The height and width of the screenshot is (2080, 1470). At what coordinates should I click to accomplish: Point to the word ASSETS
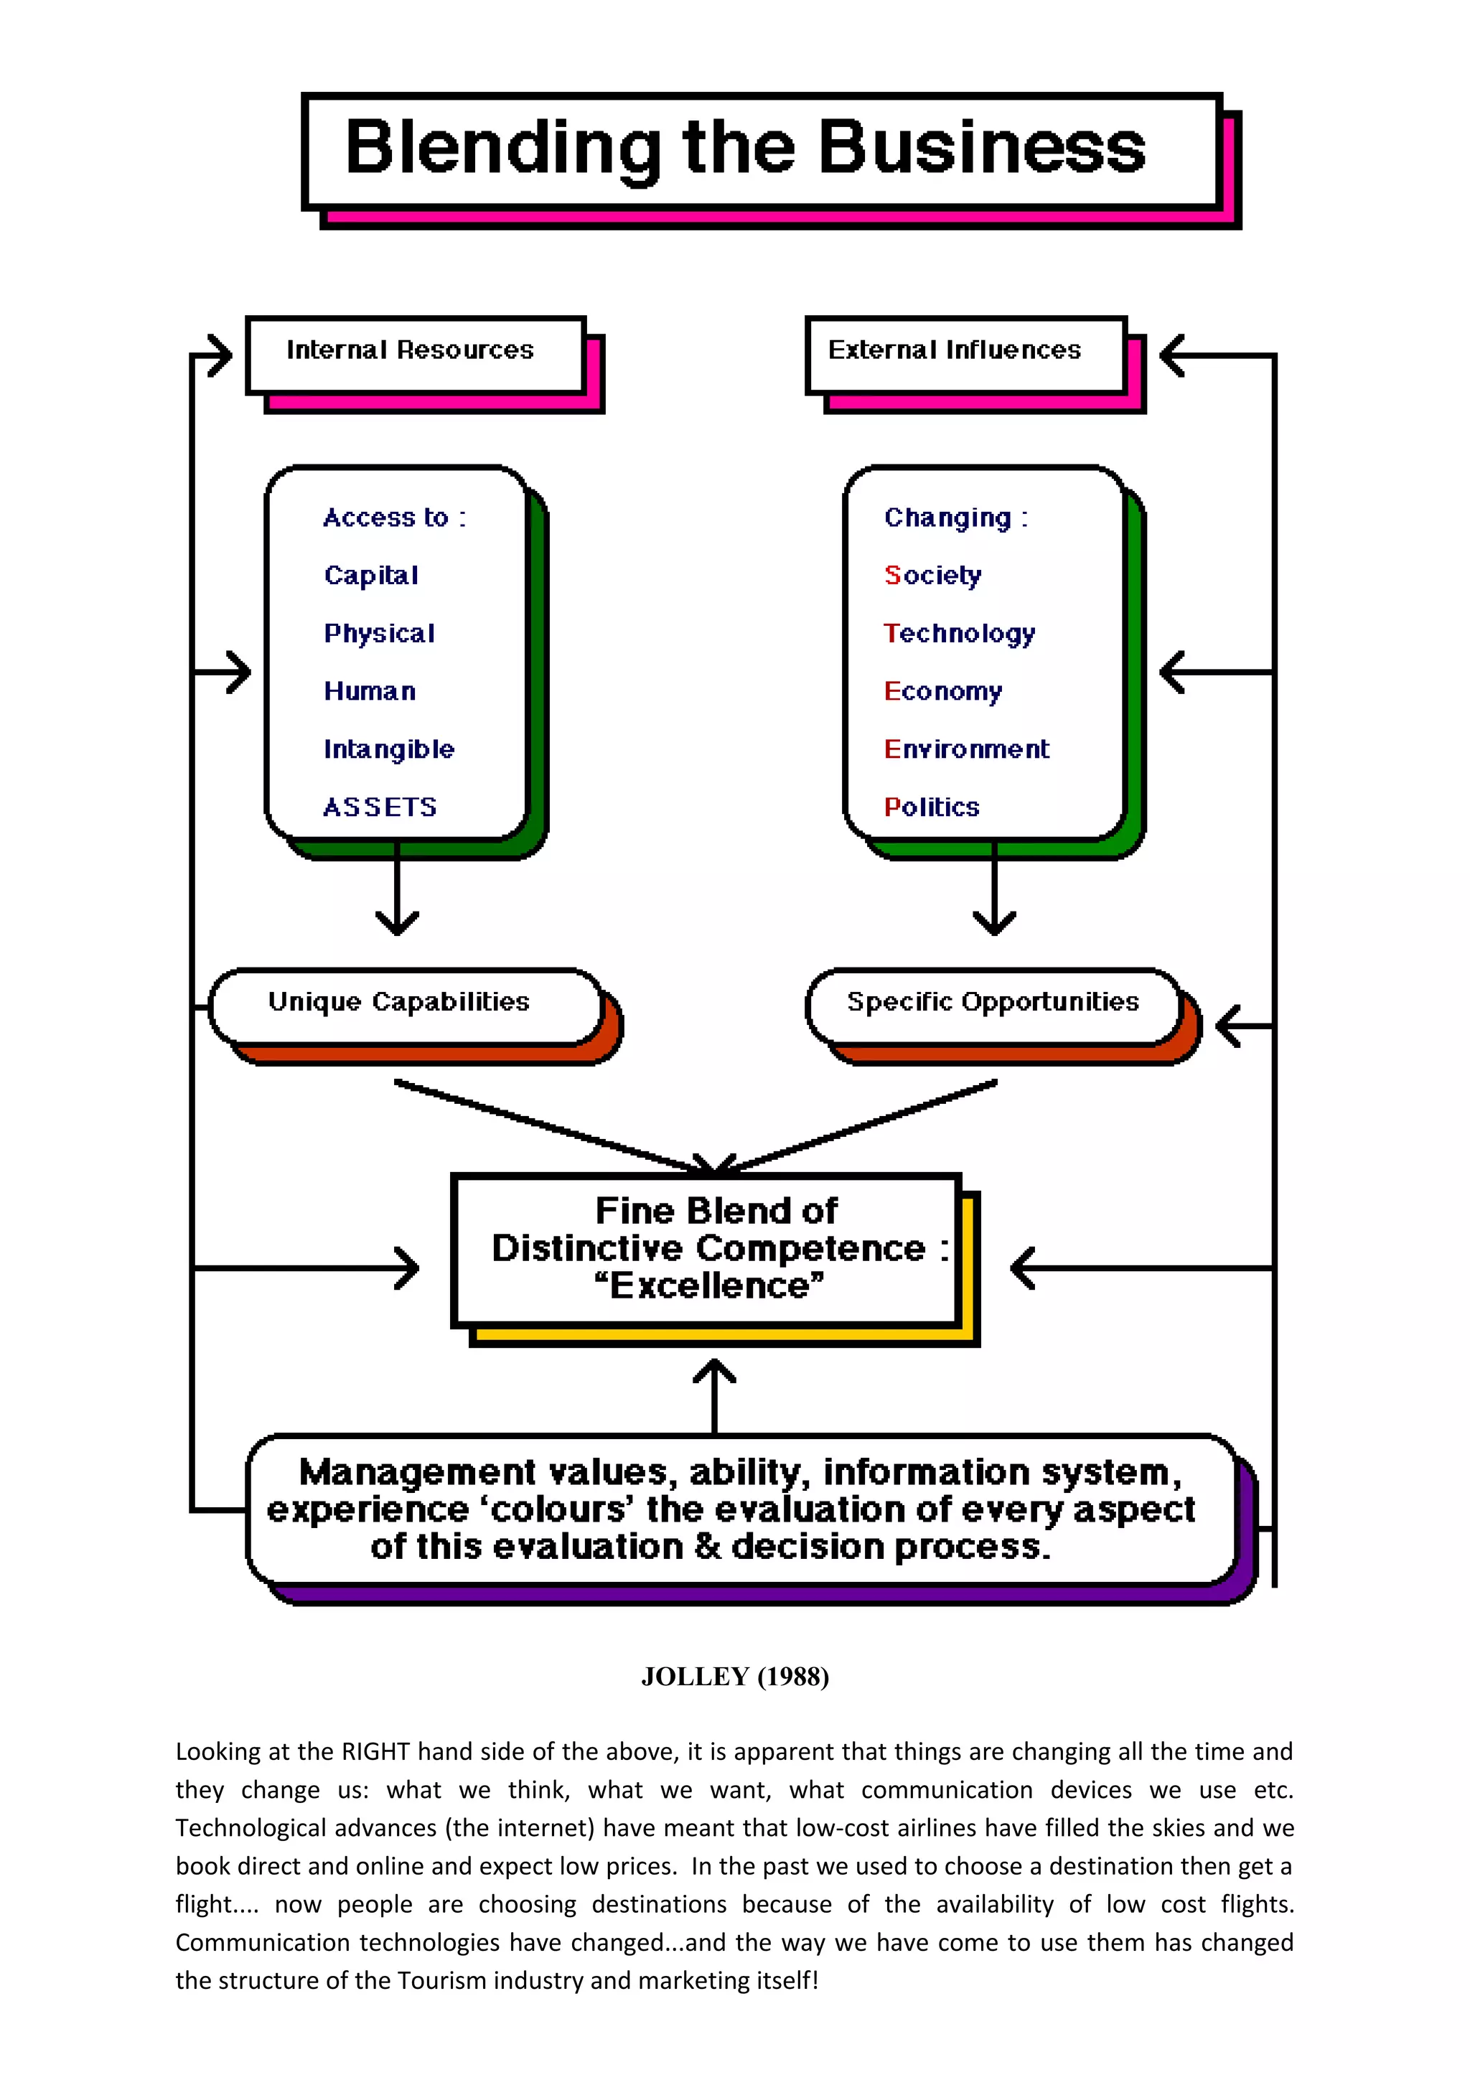[x=380, y=807]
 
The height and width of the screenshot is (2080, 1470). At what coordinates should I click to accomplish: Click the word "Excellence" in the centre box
[x=709, y=1285]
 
